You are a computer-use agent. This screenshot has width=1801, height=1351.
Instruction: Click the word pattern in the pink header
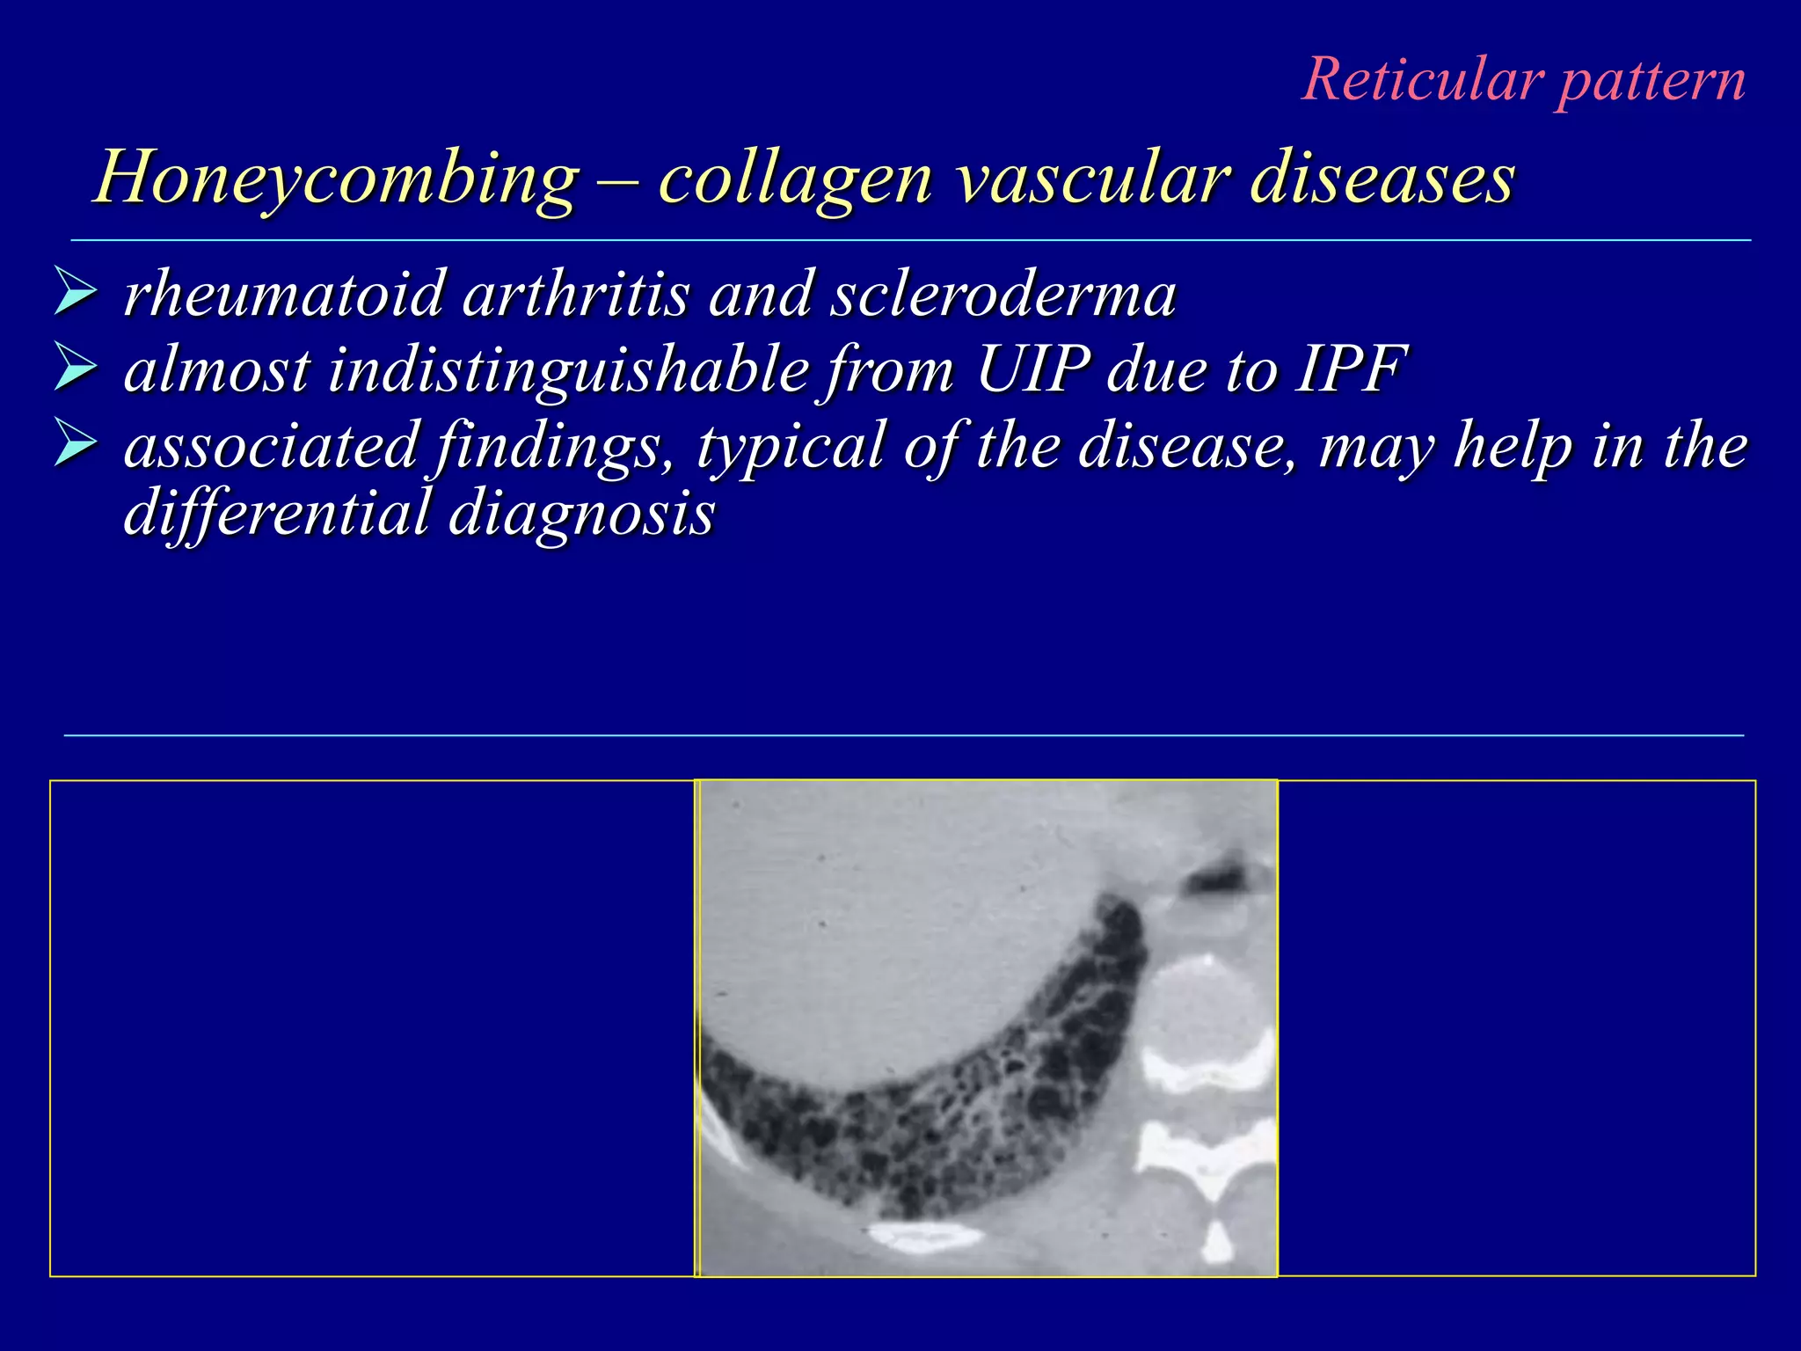click(1651, 82)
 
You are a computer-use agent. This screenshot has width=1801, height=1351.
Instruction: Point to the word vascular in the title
click(1091, 179)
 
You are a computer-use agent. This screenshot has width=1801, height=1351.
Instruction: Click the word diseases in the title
click(1382, 179)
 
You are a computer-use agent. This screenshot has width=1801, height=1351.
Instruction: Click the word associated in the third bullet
click(270, 445)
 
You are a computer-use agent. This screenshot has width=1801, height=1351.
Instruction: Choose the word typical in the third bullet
click(791, 447)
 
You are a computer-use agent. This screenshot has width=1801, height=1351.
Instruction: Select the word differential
click(276, 513)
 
